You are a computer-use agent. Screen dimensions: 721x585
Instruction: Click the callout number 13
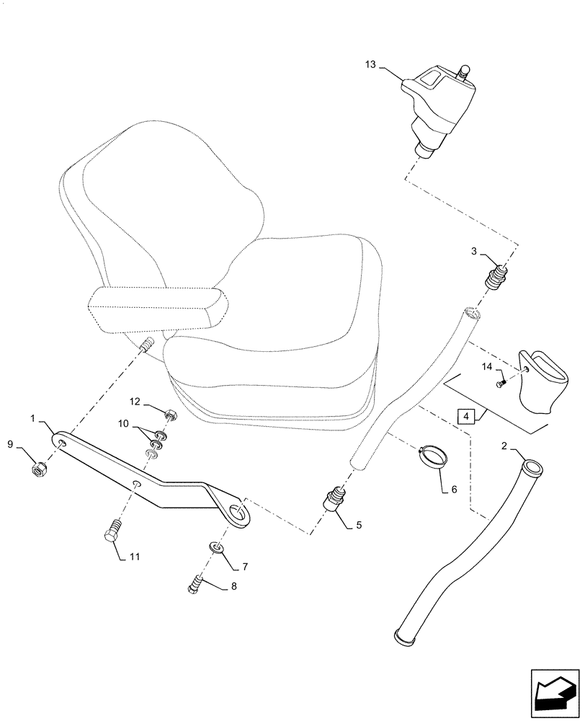click(x=370, y=65)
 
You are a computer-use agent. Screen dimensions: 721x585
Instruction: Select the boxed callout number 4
click(x=465, y=417)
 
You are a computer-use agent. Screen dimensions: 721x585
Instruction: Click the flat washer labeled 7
click(x=217, y=549)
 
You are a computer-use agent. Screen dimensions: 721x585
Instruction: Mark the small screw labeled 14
click(x=501, y=385)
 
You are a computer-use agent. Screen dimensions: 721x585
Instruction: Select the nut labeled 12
click(x=171, y=415)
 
